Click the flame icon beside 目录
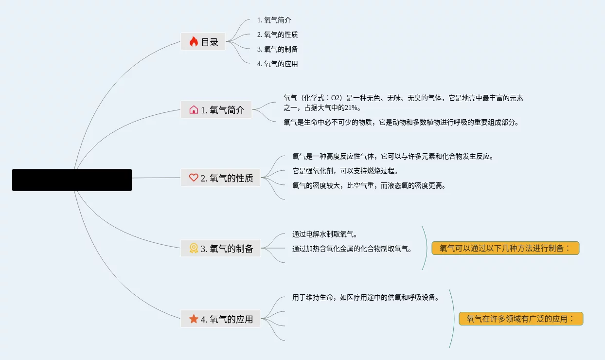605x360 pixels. coord(194,42)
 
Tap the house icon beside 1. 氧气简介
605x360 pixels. coord(194,110)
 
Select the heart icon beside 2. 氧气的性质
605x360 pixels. coord(194,178)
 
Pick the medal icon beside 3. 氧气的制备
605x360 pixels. coord(194,248)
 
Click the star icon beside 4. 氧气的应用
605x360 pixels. coord(194,319)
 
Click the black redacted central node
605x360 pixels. coord(72,180)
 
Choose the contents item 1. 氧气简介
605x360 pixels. coord(274,20)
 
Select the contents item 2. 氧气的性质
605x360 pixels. coord(277,35)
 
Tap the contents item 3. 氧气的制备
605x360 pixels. coord(277,49)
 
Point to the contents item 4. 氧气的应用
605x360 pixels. coord(277,64)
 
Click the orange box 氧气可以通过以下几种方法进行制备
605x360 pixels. coord(505,248)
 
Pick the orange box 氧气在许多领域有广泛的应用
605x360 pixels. coord(520,319)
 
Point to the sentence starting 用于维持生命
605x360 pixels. coord(366,298)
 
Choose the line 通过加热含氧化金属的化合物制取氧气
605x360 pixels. coord(352,249)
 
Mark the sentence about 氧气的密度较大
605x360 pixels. coord(369,186)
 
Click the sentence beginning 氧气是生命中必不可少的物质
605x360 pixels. coord(401,123)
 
